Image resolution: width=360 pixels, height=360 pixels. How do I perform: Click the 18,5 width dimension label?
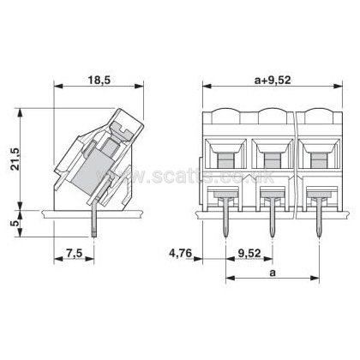pos(99,80)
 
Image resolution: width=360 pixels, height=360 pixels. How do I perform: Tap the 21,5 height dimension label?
pos(15,159)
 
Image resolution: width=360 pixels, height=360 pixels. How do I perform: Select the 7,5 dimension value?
pos(74,253)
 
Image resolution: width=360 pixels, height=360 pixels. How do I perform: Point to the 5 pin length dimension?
pos(16,223)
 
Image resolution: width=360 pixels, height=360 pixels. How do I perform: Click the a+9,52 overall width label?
pos(273,81)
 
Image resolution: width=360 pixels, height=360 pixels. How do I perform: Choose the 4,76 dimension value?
pos(181,253)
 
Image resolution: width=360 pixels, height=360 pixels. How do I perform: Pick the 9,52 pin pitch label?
pos(249,253)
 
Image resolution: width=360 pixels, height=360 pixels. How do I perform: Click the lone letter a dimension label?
pos(273,273)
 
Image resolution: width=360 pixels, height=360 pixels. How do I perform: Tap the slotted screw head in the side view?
pos(121,130)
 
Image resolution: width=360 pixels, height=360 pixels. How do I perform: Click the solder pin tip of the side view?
pos(94,236)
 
